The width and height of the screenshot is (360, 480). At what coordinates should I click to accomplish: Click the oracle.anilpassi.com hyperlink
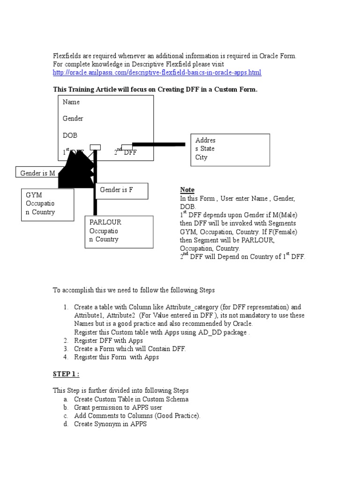(x=157, y=73)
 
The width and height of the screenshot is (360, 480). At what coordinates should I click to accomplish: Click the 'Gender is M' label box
(x=37, y=173)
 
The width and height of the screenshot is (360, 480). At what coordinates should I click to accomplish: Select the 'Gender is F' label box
(x=117, y=190)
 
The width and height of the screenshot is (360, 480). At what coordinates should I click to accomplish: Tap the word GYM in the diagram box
(x=34, y=195)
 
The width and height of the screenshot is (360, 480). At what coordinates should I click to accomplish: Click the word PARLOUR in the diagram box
(x=105, y=222)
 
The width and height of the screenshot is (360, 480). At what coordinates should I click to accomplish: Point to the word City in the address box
(x=201, y=157)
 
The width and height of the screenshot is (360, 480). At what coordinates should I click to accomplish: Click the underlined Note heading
(x=187, y=190)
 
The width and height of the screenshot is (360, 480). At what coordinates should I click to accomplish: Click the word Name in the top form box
(x=71, y=102)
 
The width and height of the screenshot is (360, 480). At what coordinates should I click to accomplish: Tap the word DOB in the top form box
(x=70, y=135)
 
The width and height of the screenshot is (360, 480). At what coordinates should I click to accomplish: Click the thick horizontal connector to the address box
(x=159, y=144)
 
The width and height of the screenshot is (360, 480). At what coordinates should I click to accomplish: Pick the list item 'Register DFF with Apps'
(x=108, y=341)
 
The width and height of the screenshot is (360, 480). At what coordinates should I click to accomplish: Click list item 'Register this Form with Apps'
(x=116, y=357)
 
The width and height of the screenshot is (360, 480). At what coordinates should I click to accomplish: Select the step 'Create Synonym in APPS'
(x=110, y=424)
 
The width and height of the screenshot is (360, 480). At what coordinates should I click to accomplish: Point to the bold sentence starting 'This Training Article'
(x=155, y=90)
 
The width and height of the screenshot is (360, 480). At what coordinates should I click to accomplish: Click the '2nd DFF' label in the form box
(x=126, y=152)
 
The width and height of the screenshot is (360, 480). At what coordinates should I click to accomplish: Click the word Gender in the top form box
(x=73, y=119)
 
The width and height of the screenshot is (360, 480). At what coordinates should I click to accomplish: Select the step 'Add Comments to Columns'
(x=137, y=416)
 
